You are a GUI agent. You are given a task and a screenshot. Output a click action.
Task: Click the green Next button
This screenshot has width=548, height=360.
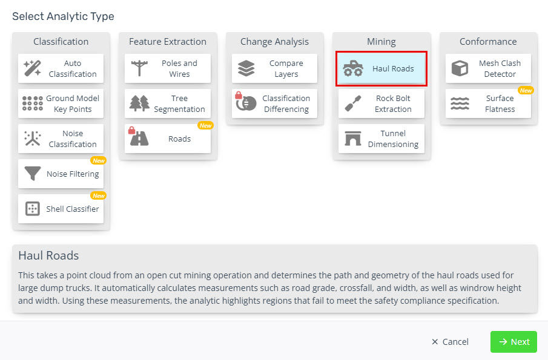coord(513,342)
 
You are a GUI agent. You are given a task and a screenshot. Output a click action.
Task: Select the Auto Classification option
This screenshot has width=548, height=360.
coord(61,68)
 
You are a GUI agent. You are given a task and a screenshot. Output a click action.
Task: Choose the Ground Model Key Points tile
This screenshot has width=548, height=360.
coord(61,103)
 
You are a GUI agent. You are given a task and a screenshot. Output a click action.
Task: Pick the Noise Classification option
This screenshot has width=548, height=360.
coord(61,139)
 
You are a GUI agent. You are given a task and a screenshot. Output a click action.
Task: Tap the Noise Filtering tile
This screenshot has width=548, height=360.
coord(61,174)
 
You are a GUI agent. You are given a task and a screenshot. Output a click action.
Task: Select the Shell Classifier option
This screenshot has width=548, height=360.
coord(61,209)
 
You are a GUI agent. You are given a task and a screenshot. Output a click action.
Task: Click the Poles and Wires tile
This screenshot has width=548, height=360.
coord(168,68)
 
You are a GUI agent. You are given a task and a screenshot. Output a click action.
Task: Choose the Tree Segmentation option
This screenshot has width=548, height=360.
coord(168,103)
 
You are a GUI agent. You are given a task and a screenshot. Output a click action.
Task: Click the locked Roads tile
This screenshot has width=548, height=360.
coord(168,139)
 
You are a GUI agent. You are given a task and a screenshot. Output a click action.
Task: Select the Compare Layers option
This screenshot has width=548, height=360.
coord(274,68)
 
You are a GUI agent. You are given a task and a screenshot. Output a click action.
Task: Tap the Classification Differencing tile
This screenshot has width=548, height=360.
coord(274,103)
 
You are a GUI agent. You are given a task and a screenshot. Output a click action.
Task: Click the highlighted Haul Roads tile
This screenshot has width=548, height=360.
coord(381,68)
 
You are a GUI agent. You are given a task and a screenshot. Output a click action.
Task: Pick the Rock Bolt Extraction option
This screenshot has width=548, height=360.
coord(381,103)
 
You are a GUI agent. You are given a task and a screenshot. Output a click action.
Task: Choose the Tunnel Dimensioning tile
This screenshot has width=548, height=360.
coord(381,139)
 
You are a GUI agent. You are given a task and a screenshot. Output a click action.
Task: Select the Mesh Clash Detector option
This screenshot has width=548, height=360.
coord(488,68)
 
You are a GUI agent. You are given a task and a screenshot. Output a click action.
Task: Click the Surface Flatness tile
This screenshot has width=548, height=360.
coord(488,103)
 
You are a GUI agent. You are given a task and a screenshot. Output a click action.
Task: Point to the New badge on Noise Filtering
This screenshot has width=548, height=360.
coord(98,160)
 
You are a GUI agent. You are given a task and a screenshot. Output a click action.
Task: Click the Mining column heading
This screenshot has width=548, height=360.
coord(381,42)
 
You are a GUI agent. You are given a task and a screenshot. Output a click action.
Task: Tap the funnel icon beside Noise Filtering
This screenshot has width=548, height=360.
coord(32,174)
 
